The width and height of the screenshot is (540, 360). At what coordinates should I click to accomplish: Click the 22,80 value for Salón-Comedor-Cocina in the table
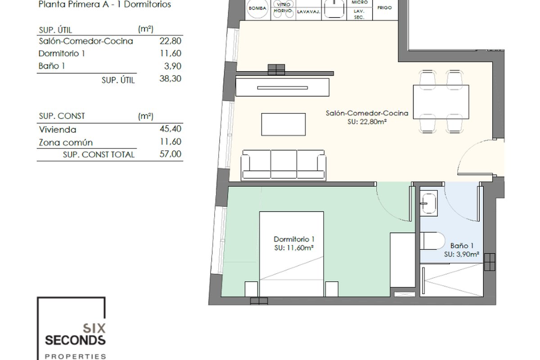tap(170, 41)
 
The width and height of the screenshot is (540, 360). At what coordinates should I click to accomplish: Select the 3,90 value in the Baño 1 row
tap(173, 66)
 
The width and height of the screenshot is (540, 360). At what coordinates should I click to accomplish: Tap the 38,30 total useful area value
tap(170, 79)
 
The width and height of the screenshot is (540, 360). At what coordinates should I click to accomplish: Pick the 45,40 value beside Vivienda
tap(170, 129)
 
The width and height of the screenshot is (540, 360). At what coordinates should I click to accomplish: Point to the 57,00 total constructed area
tap(170, 154)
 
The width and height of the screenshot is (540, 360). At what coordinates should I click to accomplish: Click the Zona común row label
tap(66, 143)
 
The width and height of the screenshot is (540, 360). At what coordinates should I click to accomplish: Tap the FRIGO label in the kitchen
tap(384, 8)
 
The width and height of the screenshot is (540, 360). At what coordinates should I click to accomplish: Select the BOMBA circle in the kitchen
tap(257, 8)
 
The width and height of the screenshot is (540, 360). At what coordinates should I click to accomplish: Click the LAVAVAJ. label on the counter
tap(309, 12)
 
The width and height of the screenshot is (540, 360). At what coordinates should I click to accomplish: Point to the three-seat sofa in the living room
tap(283, 165)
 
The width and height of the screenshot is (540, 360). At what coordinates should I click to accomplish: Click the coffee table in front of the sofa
tap(283, 124)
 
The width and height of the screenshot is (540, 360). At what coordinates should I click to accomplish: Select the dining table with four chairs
tap(441, 102)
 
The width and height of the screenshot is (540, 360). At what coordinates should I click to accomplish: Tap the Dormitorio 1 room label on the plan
tap(294, 239)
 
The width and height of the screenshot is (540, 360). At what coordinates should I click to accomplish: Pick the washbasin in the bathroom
tap(429, 203)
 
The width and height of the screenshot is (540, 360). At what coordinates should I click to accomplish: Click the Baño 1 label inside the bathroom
tap(462, 246)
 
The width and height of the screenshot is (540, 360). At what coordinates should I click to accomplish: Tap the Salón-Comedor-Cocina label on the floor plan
tap(367, 113)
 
